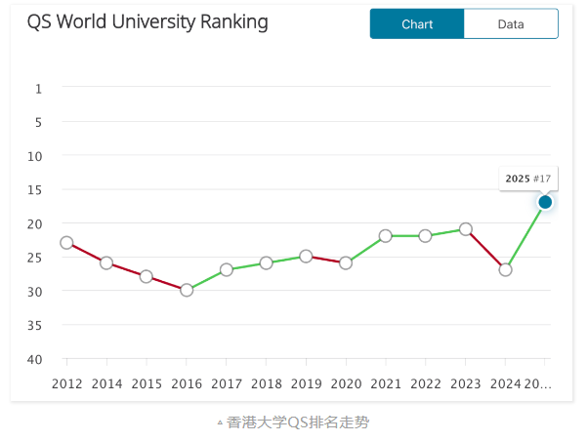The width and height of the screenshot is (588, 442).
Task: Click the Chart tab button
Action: click(x=417, y=24)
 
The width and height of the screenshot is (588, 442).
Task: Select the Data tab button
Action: click(x=510, y=24)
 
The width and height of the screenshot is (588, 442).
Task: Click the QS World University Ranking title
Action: click(x=147, y=21)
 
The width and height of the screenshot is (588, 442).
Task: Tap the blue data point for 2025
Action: click(x=545, y=202)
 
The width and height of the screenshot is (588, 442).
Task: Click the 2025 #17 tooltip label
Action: click(x=527, y=179)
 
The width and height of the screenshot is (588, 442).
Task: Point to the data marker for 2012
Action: click(x=66, y=242)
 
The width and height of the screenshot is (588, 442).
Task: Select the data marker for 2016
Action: click(x=187, y=290)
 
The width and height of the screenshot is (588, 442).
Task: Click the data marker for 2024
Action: click(x=505, y=269)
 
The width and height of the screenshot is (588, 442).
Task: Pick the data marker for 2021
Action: click(x=386, y=235)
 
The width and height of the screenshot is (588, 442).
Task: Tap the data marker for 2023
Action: click(x=466, y=229)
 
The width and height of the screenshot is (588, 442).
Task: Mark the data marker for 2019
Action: click(x=306, y=256)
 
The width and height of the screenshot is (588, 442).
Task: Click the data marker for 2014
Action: click(x=106, y=262)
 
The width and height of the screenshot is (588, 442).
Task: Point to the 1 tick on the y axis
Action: click(x=39, y=89)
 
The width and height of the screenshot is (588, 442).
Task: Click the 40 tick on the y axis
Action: click(x=35, y=360)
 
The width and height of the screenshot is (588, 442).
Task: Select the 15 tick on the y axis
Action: click(x=35, y=190)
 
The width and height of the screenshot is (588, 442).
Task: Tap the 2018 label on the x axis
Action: click(x=266, y=384)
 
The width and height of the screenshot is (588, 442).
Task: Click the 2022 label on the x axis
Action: click(x=425, y=384)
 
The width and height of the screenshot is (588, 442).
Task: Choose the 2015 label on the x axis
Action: click(x=147, y=384)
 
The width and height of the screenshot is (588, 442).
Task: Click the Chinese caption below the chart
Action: click(x=298, y=422)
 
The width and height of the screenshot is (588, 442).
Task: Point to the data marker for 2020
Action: click(x=346, y=262)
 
